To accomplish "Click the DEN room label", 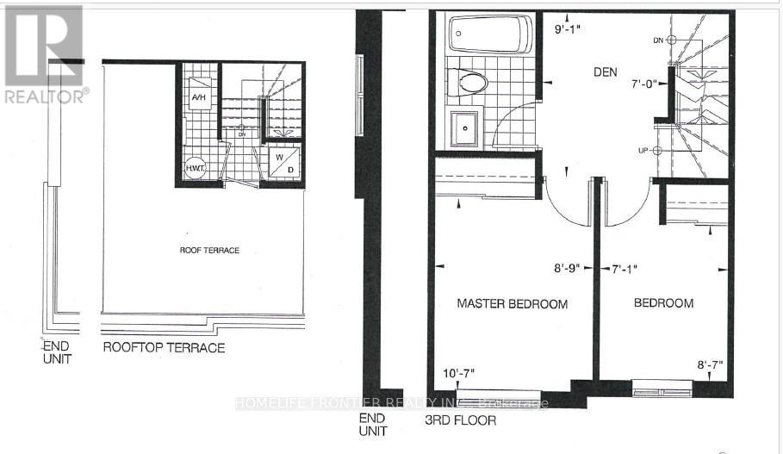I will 605,72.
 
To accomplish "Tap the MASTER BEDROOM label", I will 512,304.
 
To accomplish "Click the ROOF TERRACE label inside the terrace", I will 209,250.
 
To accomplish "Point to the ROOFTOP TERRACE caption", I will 164,348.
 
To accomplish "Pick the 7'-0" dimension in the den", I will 643,84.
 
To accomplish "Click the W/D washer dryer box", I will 282,162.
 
